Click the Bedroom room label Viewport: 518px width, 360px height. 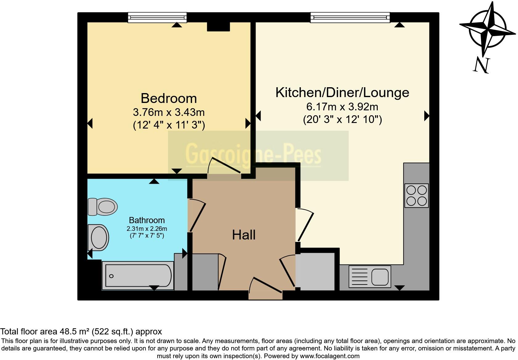pyautogui.click(x=169, y=98)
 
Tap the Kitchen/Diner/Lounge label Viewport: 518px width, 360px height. pyautogui.click(x=342, y=92)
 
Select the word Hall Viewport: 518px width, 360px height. pyautogui.click(x=244, y=235)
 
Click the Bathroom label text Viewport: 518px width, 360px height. pyautogui.click(x=147, y=220)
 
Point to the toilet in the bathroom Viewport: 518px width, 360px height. pyautogui.click(x=103, y=207)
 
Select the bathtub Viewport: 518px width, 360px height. pyautogui.click(x=138, y=276)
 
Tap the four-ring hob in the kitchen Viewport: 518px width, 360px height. pyautogui.click(x=417, y=195)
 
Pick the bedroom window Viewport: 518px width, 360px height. pyautogui.click(x=157, y=18)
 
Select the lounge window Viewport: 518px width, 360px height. pyautogui.click(x=350, y=18)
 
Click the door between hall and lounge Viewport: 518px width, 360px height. pyautogui.click(x=305, y=224)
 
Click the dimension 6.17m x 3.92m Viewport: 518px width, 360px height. pyautogui.click(x=342, y=107)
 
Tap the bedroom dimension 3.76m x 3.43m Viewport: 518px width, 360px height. pyautogui.click(x=169, y=112)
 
